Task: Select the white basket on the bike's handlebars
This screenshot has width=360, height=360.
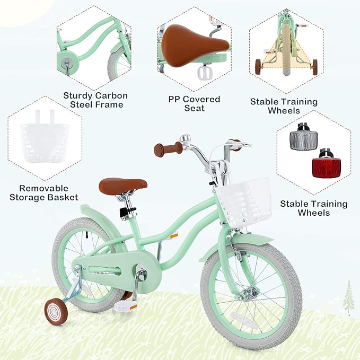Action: [244, 201]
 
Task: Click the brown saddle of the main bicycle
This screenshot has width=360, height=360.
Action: [122, 185]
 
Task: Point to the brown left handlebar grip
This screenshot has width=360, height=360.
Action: [168, 149]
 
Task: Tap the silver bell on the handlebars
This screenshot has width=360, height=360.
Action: [185, 139]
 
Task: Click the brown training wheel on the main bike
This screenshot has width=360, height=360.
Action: [56, 311]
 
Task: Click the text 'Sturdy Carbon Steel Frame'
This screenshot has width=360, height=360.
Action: [95, 100]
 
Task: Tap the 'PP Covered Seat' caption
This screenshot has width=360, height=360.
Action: [194, 103]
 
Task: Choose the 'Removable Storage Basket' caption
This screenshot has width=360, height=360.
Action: [43, 192]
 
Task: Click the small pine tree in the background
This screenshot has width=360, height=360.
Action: [348, 297]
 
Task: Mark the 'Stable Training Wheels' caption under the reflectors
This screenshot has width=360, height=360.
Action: [313, 208]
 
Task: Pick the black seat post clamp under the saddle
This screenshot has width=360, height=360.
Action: [126, 212]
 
